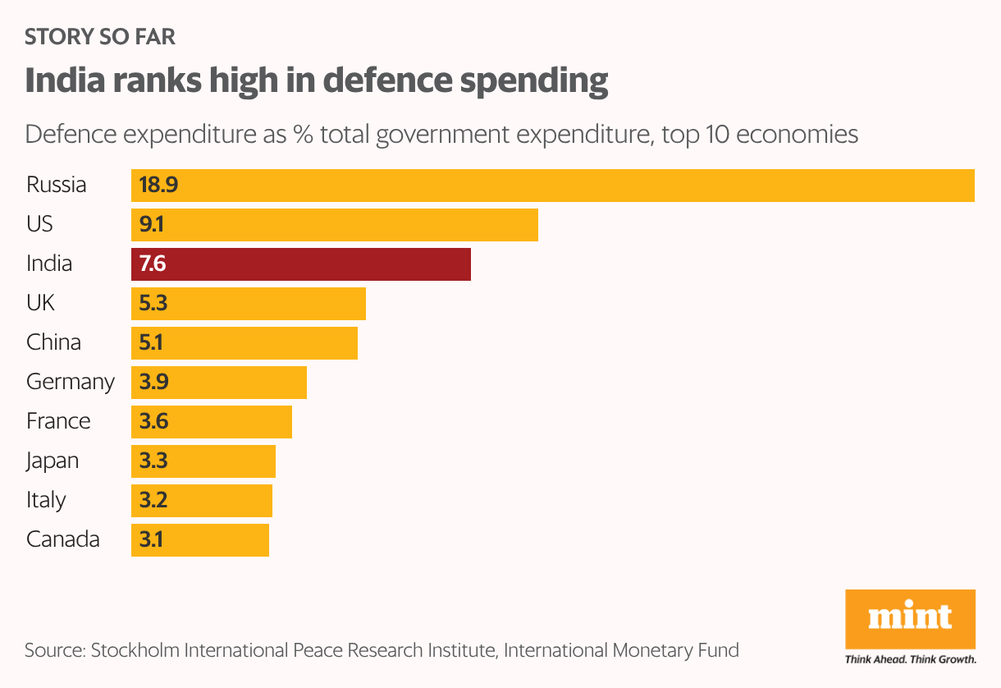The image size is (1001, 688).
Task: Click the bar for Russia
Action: click(552, 185)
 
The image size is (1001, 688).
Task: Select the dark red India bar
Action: click(301, 264)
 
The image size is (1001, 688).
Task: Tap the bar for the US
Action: click(335, 224)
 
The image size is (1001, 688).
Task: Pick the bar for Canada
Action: click(200, 539)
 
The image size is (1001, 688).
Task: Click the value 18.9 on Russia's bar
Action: click(158, 185)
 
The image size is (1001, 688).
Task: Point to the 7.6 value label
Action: click(153, 264)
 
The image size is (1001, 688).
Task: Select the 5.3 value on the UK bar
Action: click(153, 303)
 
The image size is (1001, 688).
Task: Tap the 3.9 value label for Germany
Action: click(153, 382)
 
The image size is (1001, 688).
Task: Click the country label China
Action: click(53, 342)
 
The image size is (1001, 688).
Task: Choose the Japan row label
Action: click(53, 461)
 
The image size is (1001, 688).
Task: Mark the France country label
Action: click(58, 421)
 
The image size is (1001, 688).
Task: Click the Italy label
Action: click(46, 500)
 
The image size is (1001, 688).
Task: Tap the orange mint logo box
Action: click(910, 617)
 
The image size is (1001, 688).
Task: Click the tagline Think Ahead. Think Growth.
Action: click(910, 658)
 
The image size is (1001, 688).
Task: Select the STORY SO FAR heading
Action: click(100, 37)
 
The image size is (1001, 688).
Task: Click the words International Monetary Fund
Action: click(621, 651)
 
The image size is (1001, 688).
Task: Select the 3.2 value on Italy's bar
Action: click(153, 500)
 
